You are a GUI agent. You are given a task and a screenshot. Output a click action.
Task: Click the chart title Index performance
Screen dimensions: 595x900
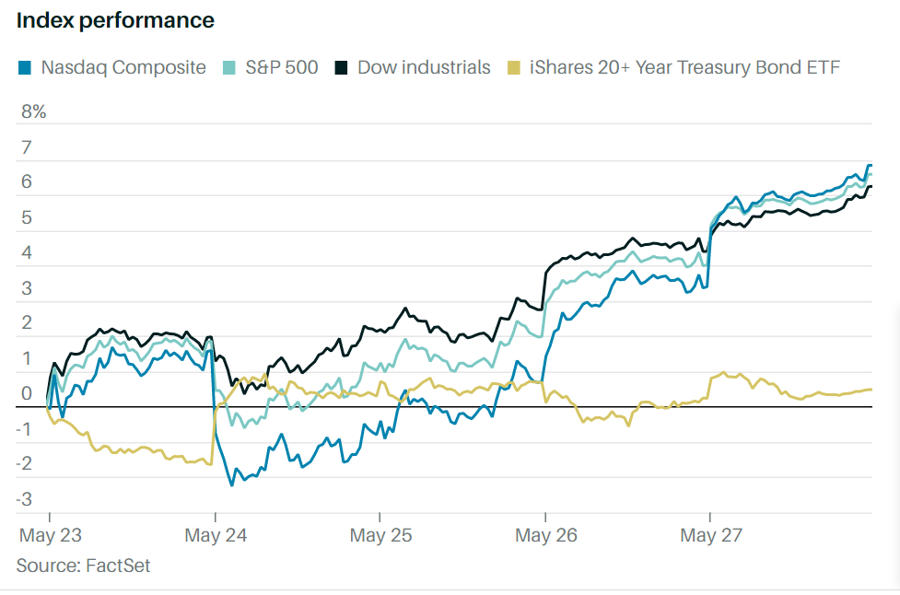click(x=115, y=20)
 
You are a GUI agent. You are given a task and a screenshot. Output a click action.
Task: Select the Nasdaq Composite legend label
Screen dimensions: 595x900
click(x=123, y=67)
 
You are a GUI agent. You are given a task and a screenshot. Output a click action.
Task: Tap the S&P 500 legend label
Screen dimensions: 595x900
click(x=281, y=67)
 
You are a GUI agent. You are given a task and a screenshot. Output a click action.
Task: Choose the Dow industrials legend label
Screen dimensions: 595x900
click(x=424, y=67)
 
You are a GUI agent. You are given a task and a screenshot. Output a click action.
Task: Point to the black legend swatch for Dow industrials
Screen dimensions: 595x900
click(x=341, y=67)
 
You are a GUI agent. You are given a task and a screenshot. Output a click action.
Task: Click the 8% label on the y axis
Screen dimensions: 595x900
click(x=33, y=112)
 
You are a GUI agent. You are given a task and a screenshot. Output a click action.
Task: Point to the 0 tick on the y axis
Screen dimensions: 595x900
click(x=26, y=394)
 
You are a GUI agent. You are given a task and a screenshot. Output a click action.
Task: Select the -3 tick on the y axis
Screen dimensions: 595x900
click(x=26, y=500)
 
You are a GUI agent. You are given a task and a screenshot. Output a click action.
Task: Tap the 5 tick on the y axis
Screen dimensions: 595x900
click(x=26, y=218)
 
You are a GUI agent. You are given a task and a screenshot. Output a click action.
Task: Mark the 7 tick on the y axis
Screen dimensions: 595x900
click(x=26, y=147)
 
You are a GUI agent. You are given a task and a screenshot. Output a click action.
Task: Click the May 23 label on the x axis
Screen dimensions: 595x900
click(x=50, y=534)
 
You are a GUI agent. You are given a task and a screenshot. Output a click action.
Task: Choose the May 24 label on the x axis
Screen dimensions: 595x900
click(x=215, y=534)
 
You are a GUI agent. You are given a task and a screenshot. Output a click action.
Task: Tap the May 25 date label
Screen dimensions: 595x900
click(x=380, y=534)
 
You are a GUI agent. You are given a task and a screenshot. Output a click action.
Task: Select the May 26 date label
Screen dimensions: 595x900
click(x=544, y=534)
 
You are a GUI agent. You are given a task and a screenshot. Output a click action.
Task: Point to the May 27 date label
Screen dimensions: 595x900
click(x=709, y=534)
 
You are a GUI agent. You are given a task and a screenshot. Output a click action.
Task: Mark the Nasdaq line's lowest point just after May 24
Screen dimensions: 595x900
click(x=231, y=484)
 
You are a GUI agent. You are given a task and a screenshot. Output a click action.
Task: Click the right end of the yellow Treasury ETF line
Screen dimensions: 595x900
click(x=871, y=390)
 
